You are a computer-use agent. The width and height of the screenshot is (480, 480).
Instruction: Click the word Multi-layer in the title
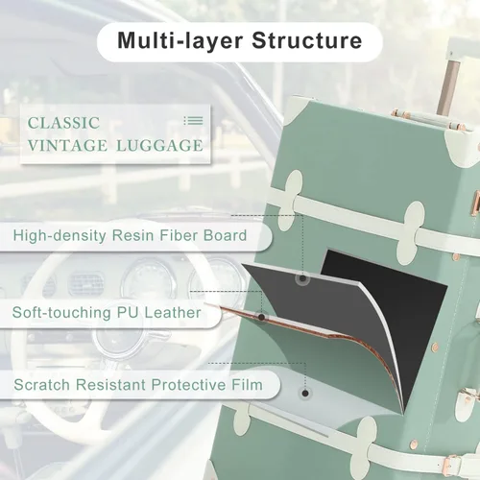tap(180, 41)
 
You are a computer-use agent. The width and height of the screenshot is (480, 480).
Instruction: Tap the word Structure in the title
tap(307, 40)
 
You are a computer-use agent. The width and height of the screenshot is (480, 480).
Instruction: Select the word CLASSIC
tap(63, 123)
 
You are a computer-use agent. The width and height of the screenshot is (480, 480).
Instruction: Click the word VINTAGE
tap(67, 146)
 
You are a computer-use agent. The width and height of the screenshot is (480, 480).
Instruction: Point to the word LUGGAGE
tap(159, 146)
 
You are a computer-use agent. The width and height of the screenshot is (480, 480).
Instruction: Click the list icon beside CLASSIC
tap(193, 121)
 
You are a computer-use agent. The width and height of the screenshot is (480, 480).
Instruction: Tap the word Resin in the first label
tap(132, 235)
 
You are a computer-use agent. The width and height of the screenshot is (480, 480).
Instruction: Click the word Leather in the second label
tap(173, 312)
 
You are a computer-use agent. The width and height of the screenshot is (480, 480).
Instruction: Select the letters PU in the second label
tap(128, 312)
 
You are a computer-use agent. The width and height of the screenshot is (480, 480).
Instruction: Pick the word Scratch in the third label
tap(41, 385)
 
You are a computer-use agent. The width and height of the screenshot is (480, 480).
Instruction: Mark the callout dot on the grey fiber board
tap(302, 278)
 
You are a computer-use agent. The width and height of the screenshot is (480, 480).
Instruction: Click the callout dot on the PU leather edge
tap(261, 317)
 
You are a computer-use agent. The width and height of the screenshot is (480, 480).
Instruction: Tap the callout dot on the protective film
tap(305, 393)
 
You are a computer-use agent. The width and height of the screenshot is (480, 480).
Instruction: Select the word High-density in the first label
tap(60, 236)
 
